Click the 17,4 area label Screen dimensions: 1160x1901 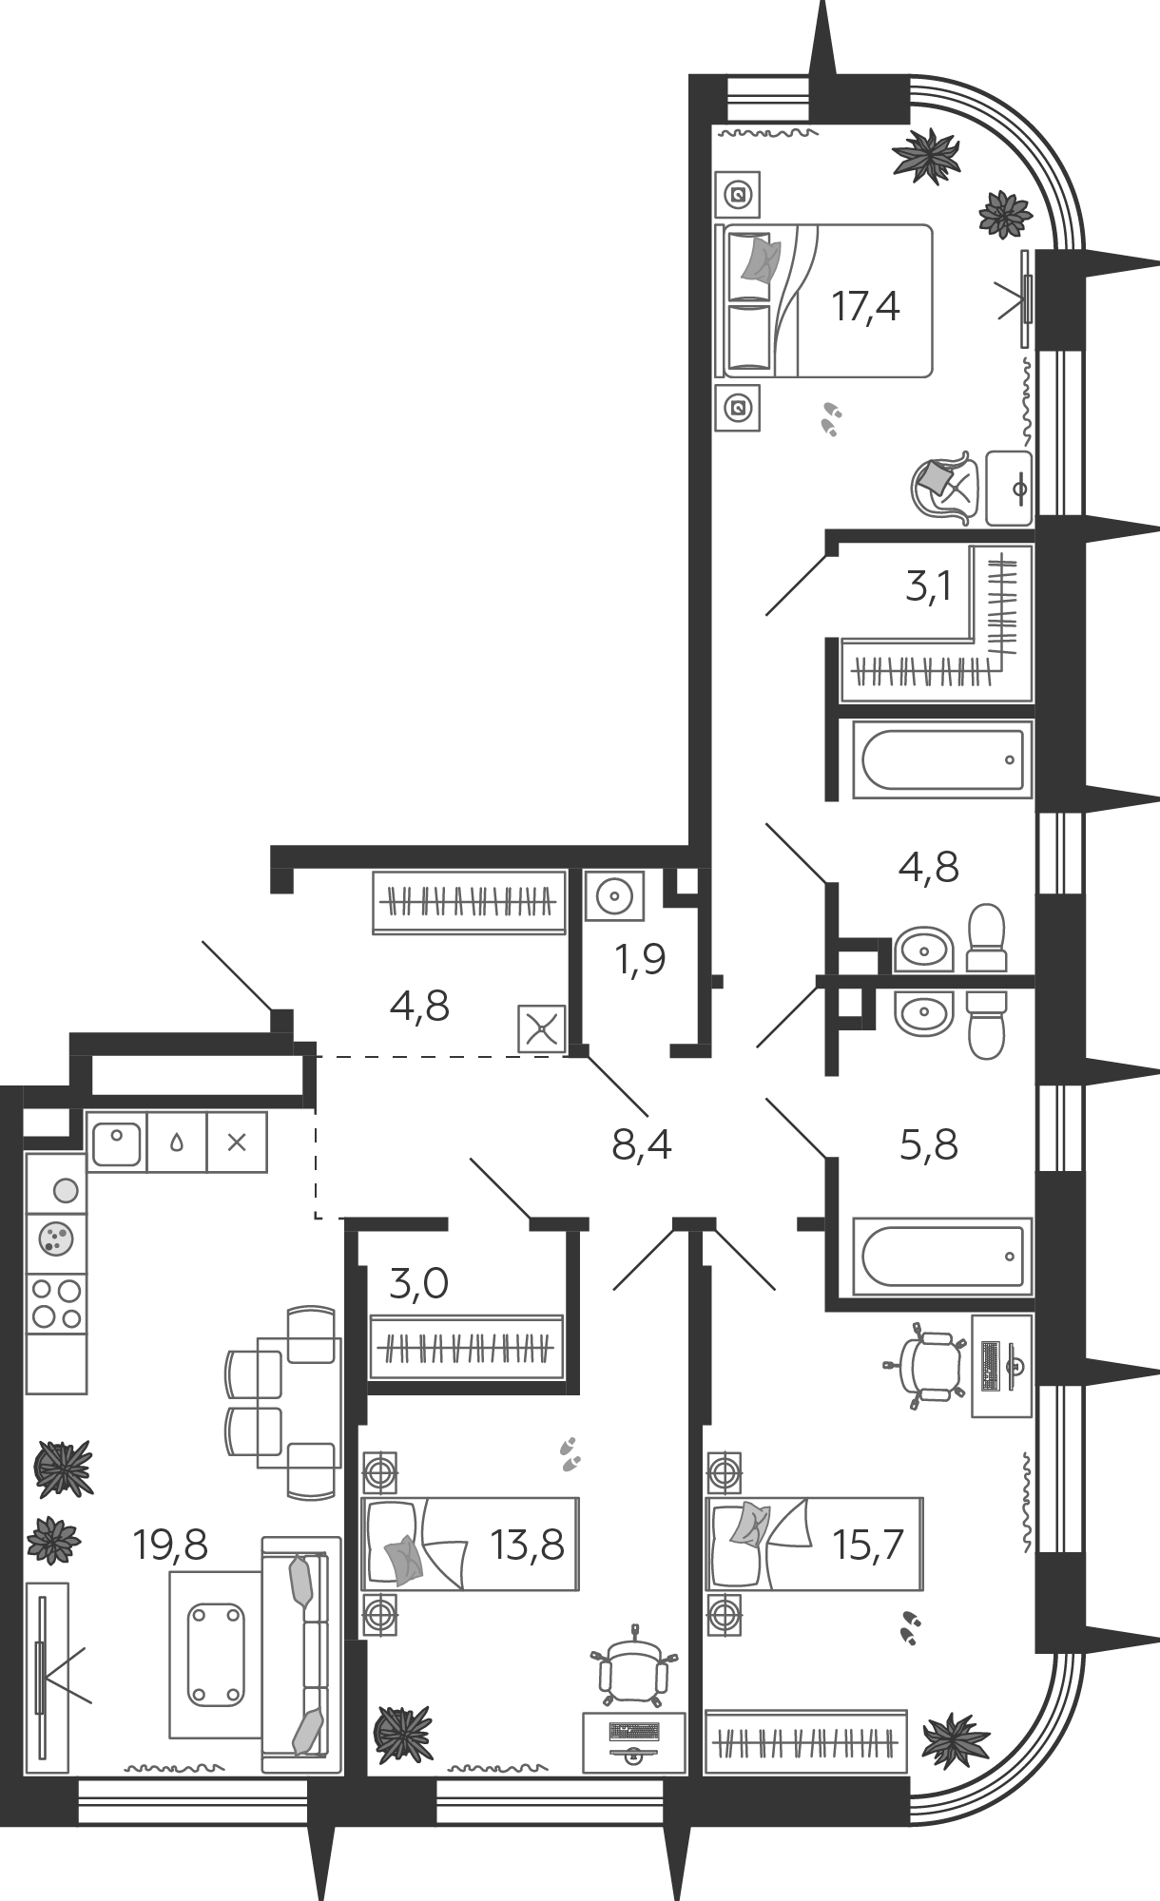click(x=865, y=307)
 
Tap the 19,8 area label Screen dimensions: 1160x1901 click(x=170, y=1546)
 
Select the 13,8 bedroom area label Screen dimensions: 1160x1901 click(x=528, y=1546)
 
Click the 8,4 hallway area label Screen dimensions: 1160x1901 click(x=642, y=1145)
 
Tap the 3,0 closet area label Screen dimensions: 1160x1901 click(x=418, y=1284)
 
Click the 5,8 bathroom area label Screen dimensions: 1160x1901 click(x=928, y=1145)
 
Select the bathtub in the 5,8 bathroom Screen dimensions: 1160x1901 click(x=942, y=1256)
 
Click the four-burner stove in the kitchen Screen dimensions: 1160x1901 click(x=56, y=1303)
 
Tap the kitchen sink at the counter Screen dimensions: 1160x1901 click(x=116, y=1142)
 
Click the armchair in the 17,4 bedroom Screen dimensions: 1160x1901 click(x=944, y=487)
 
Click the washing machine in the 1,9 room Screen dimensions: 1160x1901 click(x=614, y=895)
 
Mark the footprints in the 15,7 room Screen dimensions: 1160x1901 click(x=910, y=1627)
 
